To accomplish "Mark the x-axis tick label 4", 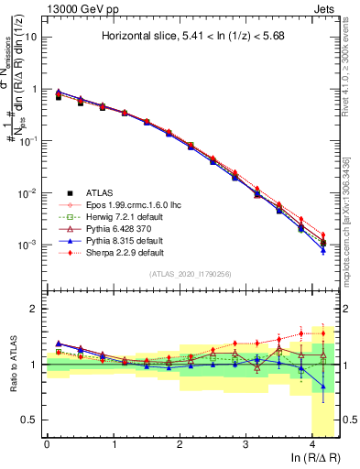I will pyautogui.click(x=313, y=444).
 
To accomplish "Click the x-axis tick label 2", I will pyautogui.click(x=180, y=444).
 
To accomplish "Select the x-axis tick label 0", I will pyautogui.click(x=47, y=444).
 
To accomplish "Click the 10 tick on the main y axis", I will pyautogui.click(x=32, y=38).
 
